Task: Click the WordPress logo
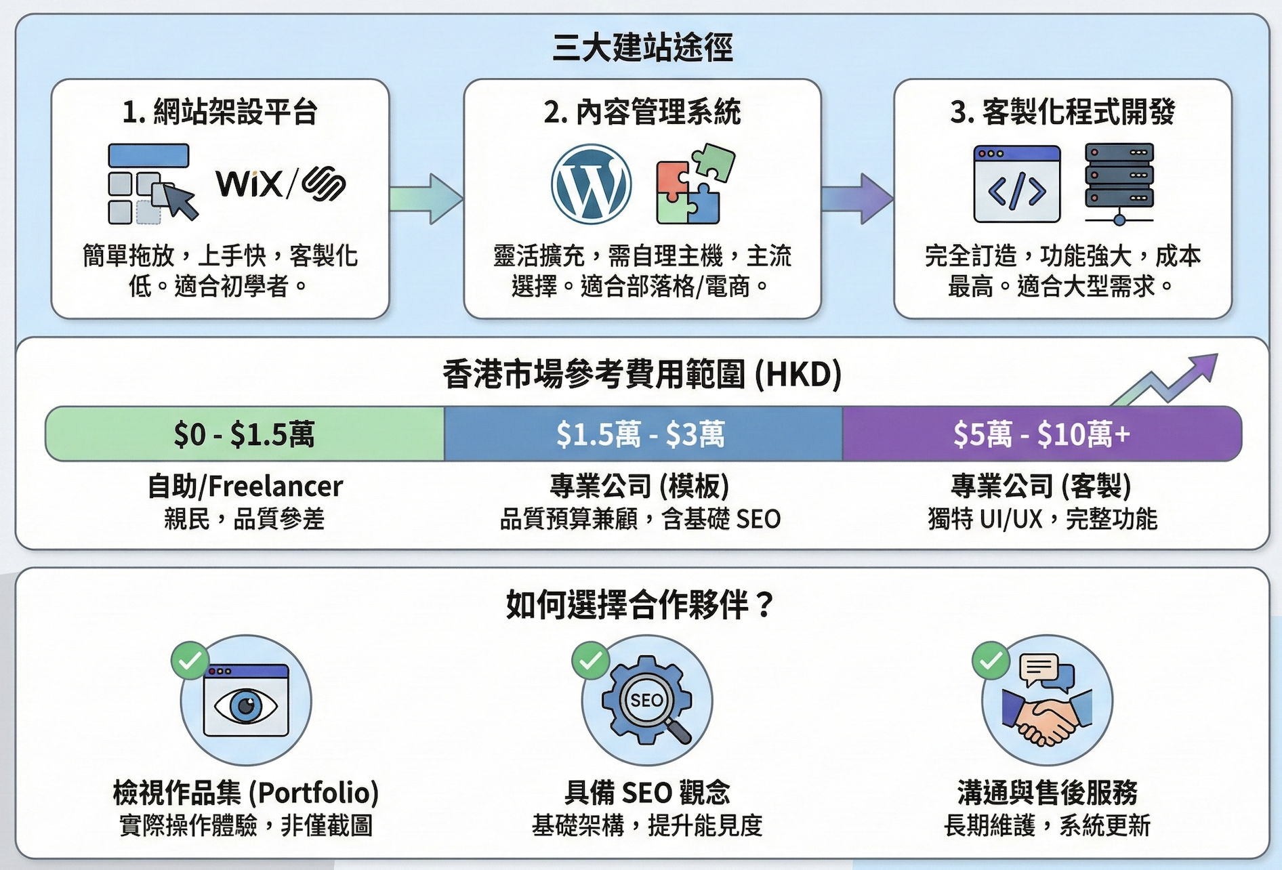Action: pos(591,184)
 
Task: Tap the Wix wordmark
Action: pos(249,184)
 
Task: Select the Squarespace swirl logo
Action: pos(324,184)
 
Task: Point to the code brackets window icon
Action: pos(1016,184)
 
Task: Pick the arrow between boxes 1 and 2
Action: pos(426,199)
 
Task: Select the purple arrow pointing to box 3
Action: pos(857,199)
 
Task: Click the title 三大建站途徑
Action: pos(642,47)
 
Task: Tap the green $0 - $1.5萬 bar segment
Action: pos(245,434)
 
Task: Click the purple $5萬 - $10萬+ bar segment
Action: pos(1041,434)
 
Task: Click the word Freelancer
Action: pos(275,486)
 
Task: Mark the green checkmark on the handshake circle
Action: pos(991,660)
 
